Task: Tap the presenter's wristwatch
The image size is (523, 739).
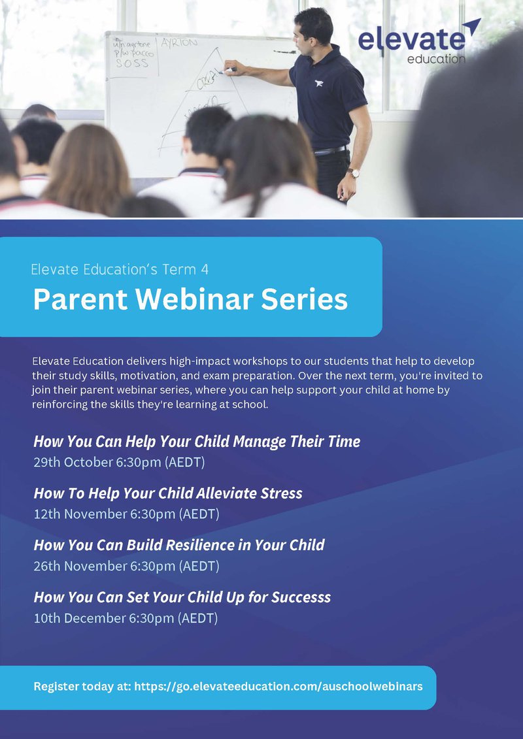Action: (353, 173)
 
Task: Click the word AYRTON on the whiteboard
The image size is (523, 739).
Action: (179, 42)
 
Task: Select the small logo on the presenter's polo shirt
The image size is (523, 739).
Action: (319, 84)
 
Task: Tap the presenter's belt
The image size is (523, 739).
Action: (331, 151)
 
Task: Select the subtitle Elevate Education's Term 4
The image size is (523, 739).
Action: (120, 270)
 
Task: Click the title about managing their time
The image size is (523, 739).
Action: (197, 442)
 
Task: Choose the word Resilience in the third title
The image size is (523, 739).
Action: (207, 545)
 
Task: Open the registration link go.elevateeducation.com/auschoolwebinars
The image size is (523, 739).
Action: (278, 686)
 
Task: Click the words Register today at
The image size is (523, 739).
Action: (82, 686)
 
